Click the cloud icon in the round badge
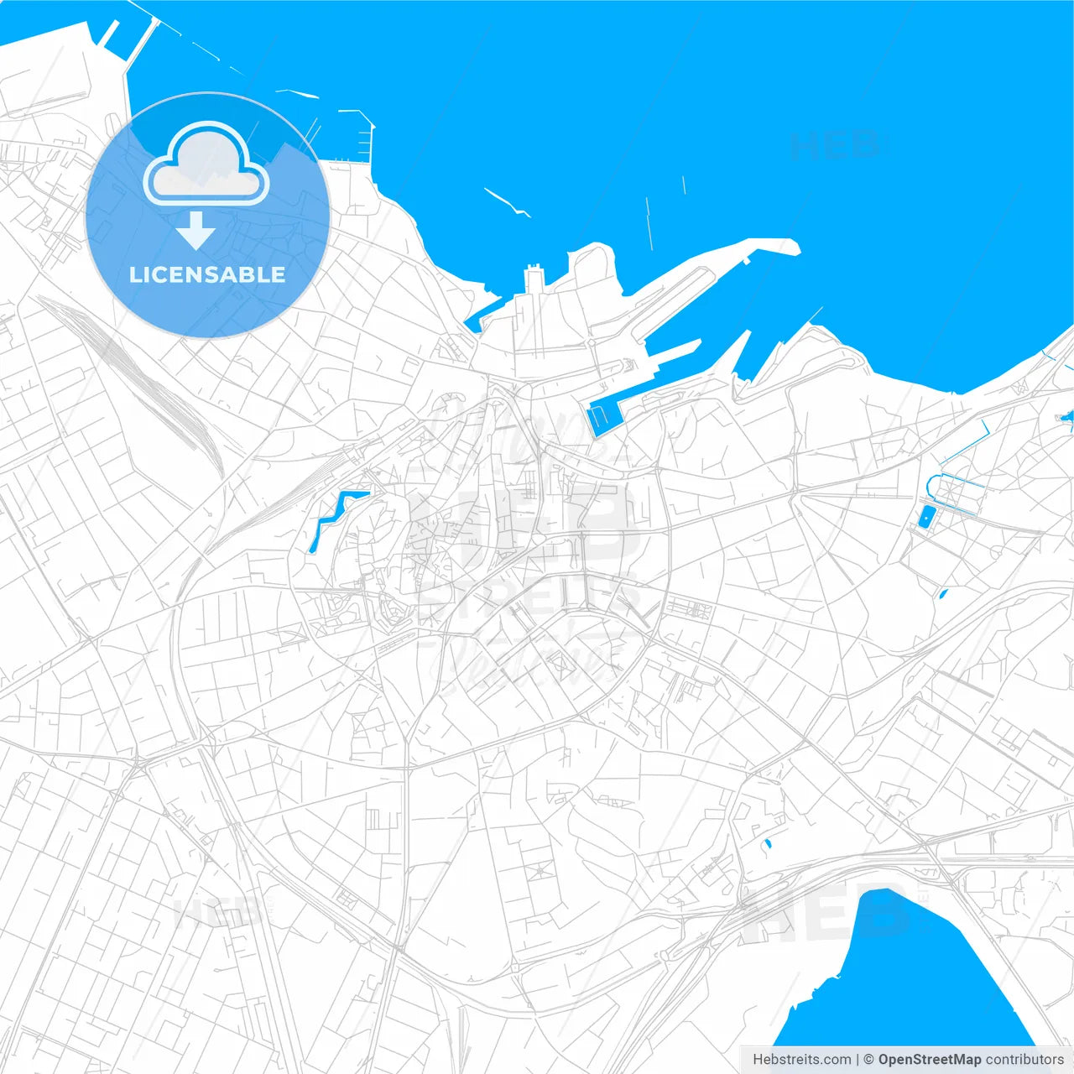(206, 164)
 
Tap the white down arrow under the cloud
(196, 231)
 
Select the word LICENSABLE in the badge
(207, 274)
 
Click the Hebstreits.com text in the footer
(801, 1060)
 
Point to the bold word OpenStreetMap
(929, 1060)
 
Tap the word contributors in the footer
(1024, 1060)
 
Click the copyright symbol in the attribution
(868, 1060)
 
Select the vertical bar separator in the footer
(858, 1060)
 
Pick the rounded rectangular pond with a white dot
(925, 517)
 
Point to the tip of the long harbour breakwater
(793, 247)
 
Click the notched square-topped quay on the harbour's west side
(534, 277)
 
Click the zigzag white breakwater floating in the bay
(506, 201)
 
